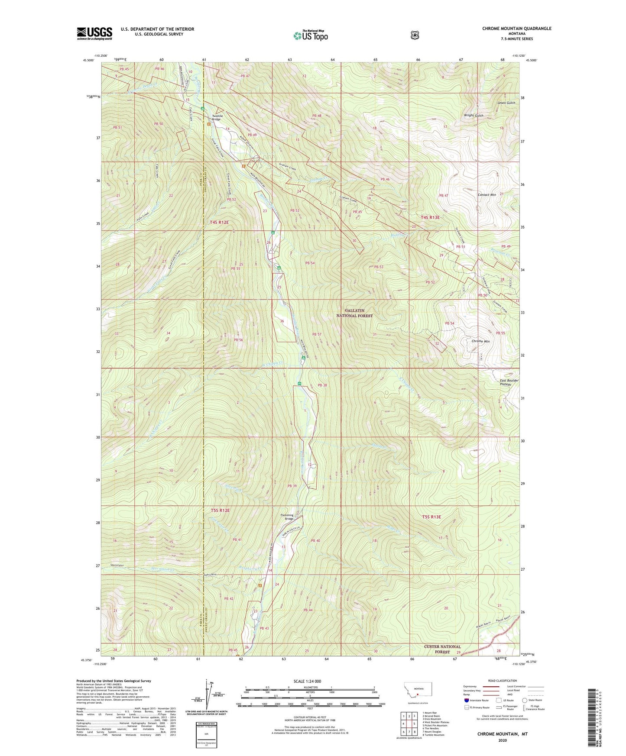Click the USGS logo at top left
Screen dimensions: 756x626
point(94,33)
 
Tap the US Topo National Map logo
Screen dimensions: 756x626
point(310,35)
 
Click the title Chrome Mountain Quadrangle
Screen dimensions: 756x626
point(517,29)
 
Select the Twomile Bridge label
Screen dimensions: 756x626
point(218,117)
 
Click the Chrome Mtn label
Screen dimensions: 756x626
point(480,341)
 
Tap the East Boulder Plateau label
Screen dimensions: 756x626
point(509,382)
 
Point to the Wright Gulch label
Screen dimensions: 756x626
point(474,116)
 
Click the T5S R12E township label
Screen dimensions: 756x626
point(220,510)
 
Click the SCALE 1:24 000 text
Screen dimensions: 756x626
point(307,681)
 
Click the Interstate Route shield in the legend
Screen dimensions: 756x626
point(466,700)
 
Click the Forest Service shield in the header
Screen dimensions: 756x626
point(415,35)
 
